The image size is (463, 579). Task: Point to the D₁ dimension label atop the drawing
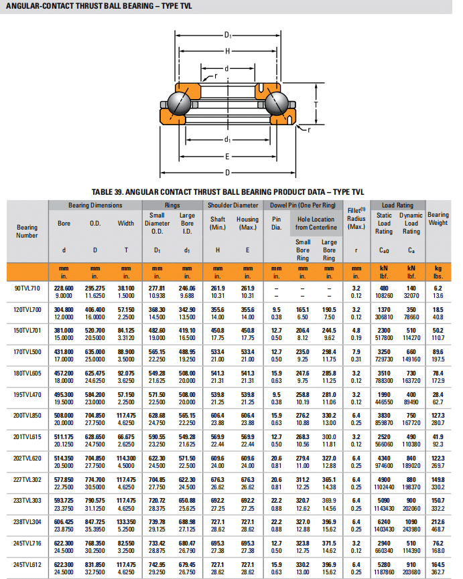point(228,35)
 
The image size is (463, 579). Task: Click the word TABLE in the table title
point(111,191)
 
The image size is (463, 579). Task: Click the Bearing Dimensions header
point(95,205)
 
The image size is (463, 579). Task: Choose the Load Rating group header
point(397,205)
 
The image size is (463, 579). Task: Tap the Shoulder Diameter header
point(233,205)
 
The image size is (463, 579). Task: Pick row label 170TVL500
point(27,351)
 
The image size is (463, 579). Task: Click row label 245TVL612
point(27,566)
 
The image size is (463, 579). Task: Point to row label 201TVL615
point(27,437)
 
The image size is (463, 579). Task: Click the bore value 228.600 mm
point(64,287)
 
